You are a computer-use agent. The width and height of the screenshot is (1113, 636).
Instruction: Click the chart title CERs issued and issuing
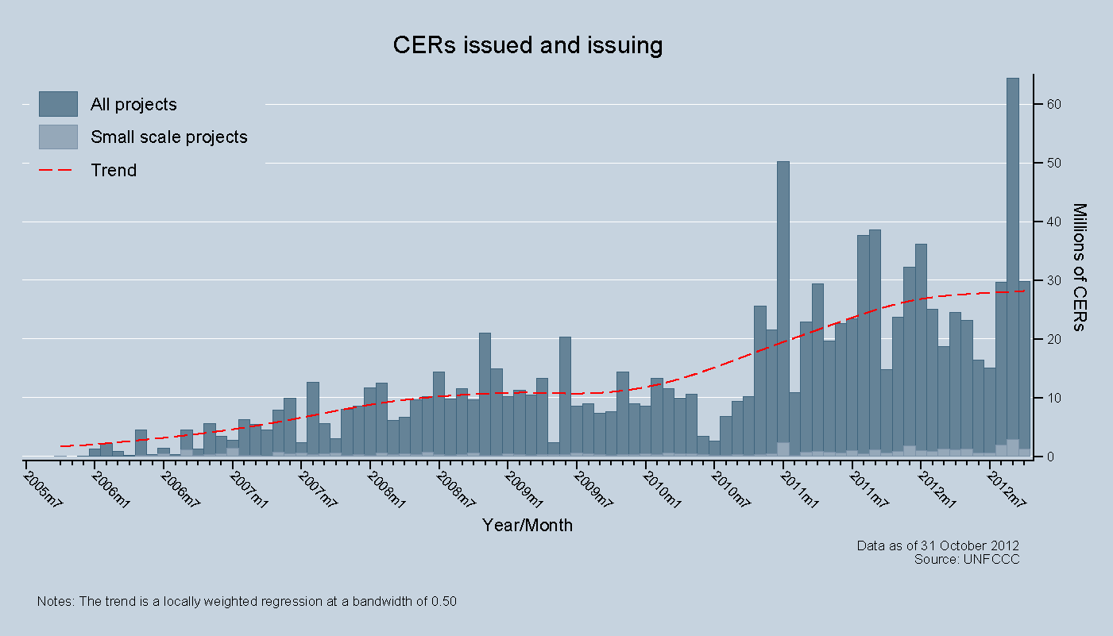pos(528,45)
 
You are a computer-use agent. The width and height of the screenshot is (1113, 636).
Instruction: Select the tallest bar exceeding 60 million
pos(1013,262)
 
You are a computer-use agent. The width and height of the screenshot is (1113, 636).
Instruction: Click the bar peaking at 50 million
pos(783,310)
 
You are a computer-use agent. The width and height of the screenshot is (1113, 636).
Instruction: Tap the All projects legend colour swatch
pos(58,104)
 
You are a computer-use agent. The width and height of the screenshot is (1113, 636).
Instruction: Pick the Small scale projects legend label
pos(169,137)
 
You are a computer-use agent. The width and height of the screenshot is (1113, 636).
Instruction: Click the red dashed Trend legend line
pos(58,170)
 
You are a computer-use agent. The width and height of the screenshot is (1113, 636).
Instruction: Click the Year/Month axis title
pos(528,525)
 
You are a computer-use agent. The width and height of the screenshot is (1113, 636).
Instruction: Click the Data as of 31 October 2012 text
pos(937,545)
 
